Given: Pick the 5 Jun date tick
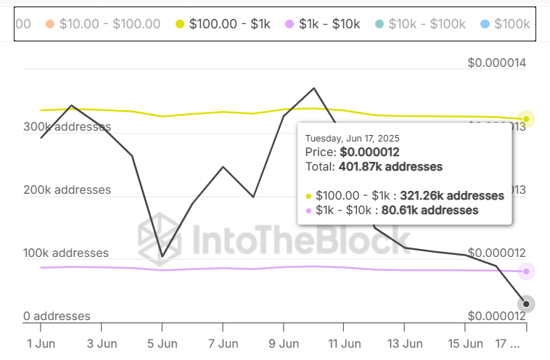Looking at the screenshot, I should tap(163, 343).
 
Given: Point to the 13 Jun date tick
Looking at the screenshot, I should tap(403, 343).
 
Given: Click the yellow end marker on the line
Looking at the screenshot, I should tap(526, 119).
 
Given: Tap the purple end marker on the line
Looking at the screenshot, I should tap(526, 271).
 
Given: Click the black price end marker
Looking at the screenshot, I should tap(526, 304).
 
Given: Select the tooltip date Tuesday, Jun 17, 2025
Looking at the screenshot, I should tap(352, 138).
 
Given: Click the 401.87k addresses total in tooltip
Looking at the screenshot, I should tap(390, 167).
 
